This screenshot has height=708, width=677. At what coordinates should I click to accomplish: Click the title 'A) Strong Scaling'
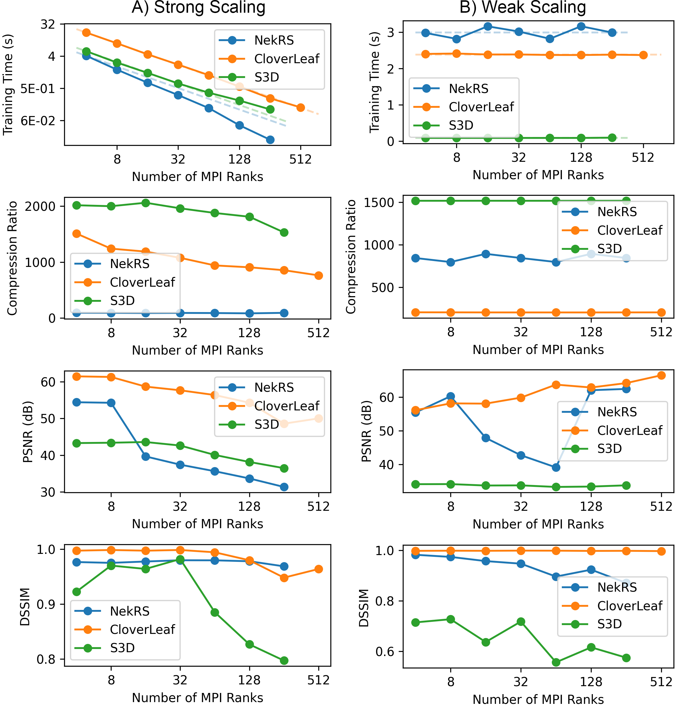[x=198, y=8]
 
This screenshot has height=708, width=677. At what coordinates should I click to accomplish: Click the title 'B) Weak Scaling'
[x=523, y=8]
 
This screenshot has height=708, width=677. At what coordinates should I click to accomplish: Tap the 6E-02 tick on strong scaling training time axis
[x=38, y=120]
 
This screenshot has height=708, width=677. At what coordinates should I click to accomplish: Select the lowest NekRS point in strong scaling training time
[x=270, y=140]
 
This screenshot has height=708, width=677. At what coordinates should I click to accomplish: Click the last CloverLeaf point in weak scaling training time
[x=643, y=55]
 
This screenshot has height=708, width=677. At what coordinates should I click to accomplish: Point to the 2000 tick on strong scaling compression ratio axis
[x=40, y=206]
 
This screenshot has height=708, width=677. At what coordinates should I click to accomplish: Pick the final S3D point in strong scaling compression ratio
[x=284, y=232]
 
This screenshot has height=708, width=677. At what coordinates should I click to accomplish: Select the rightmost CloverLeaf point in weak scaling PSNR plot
[x=661, y=376]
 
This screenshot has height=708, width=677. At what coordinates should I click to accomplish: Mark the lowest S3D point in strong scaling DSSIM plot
[x=284, y=660]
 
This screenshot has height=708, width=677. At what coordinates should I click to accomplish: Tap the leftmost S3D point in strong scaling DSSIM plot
[x=76, y=592]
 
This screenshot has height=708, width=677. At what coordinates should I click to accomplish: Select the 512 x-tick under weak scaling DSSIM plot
[x=661, y=681]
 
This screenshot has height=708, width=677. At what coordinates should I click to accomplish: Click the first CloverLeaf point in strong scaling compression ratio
[x=76, y=234]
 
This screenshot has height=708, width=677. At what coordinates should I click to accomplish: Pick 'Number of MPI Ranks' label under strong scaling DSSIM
[x=198, y=698]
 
